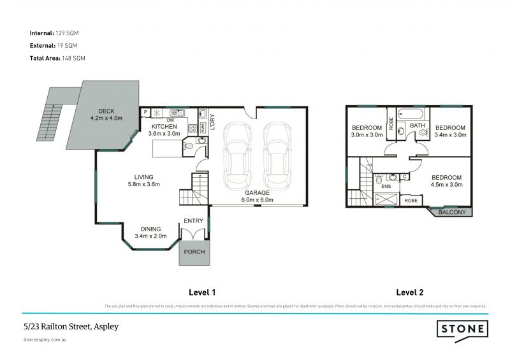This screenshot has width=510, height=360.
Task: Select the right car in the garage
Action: [x=277, y=152]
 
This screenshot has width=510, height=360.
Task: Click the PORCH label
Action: [x=194, y=252]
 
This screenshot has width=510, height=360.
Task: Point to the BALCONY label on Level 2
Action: [x=451, y=212]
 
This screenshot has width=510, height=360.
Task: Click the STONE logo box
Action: [x=463, y=329]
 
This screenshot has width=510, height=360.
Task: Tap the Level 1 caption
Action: [x=202, y=292]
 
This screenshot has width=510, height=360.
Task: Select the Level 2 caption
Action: [x=410, y=292]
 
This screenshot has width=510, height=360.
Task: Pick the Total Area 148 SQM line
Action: [x=57, y=58]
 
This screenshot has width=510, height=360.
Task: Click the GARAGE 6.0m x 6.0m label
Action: [x=257, y=196]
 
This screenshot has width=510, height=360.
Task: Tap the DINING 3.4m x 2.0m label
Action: [x=150, y=233]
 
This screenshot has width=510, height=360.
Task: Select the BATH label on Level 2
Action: [x=417, y=126]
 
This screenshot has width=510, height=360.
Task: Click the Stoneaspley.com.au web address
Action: [x=45, y=340]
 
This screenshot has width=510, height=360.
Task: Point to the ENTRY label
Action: [x=193, y=221]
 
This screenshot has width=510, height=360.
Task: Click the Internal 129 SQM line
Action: [x=54, y=32]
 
